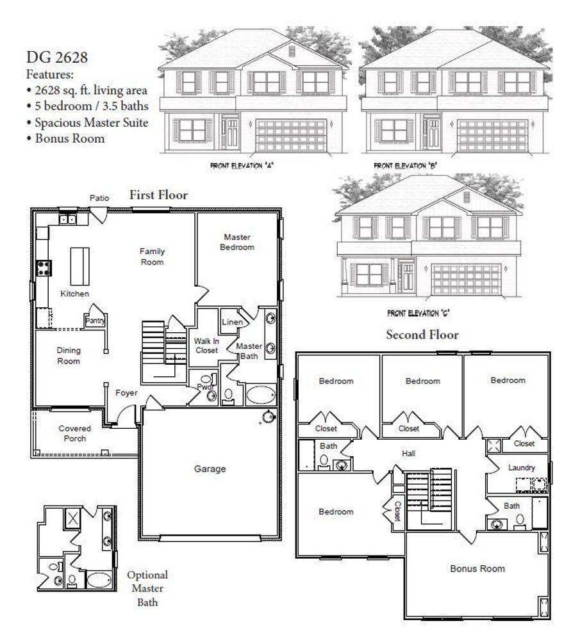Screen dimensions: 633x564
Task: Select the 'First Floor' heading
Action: [x=158, y=195]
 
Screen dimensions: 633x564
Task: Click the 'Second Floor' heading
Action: [x=422, y=335]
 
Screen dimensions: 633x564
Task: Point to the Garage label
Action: [x=210, y=469]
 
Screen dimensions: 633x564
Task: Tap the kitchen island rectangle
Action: [x=79, y=266]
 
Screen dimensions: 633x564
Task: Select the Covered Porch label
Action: [x=75, y=433]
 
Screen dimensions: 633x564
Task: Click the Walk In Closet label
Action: [x=206, y=346]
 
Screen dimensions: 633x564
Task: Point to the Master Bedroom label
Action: [x=237, y=242]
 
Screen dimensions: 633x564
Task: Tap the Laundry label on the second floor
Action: [x=521, y=468]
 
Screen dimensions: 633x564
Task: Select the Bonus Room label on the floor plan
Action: [x=477, y=568]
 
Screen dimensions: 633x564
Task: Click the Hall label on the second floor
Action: [x=409, y=453]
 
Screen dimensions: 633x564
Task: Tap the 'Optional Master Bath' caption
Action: [x=147, y=588]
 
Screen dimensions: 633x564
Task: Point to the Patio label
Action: [x=99, y=198]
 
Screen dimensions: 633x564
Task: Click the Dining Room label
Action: [x=69, y=356]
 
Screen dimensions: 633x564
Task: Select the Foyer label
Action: [x=126, y=392]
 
